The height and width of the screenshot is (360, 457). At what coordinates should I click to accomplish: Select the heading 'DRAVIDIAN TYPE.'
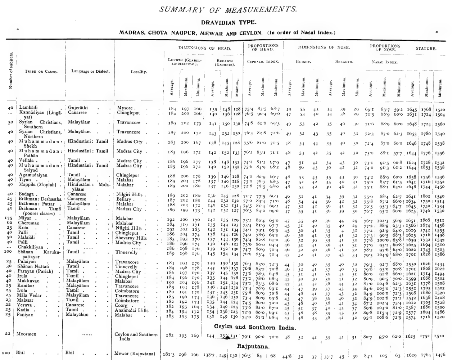[x=228, y=22]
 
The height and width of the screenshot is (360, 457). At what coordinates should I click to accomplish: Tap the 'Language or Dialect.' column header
[x=90, y=71]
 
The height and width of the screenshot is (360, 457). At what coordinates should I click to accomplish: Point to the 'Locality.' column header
[x=139, y=72]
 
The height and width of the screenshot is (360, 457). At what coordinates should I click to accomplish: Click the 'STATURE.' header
[x=426, y=48]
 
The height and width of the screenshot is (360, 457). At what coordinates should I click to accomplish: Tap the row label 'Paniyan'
[x=25, y=315]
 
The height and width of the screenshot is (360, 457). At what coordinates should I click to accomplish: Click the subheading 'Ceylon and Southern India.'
[x=255, y=327]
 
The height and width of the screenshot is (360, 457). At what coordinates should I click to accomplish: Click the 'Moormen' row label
[x=26, y=334]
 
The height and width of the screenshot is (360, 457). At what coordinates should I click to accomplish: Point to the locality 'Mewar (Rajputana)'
[x=135, y=353]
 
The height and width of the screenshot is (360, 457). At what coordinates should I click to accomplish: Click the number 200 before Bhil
[x=6, y=353]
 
